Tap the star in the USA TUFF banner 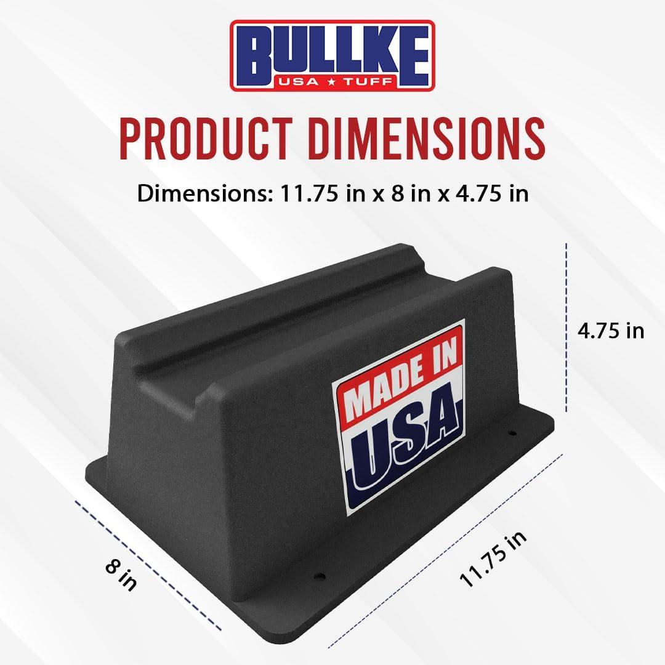click(x=333, y=83)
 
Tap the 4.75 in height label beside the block click(x=610, y=331)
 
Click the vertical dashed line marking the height click(x=566, y=326)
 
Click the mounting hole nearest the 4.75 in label click(x=511, y=434)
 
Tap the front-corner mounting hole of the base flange click(x=320, y=577)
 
